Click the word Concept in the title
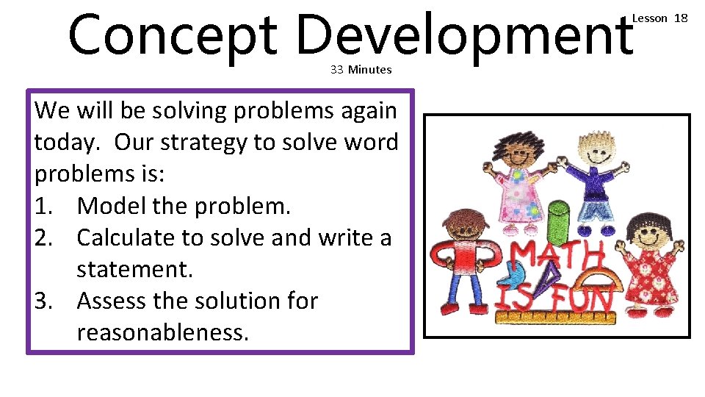click(x=173, y=35)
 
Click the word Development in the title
click(x=464, y=35)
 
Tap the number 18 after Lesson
click(x=681, y=18)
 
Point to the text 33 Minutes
click(x=361, y=70)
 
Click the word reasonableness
click(x=162, y=332)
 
